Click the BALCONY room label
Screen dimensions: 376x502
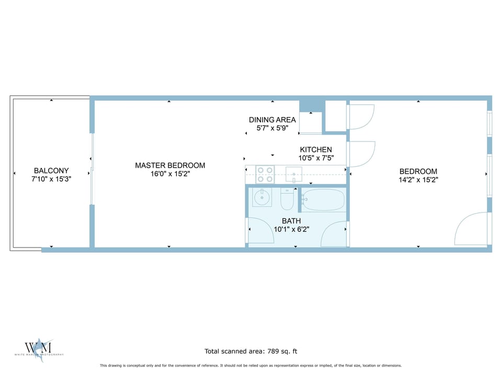[51, 171]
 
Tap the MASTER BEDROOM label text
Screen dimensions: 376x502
[170, 166]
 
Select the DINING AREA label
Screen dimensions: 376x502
[272, 120]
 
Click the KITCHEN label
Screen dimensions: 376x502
[315, 150]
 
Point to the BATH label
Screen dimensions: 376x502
[295, 221]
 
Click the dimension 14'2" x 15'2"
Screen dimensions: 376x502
[418, 180]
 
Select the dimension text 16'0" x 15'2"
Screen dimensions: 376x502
[170, 174]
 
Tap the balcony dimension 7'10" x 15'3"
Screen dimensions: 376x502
[51, 179]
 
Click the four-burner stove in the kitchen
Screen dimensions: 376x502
[265, 174]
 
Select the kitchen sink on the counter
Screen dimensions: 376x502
[295, 173]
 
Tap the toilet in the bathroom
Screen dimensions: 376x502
[288, 199]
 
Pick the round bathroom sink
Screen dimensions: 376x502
[261, 198]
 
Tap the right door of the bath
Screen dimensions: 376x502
[334, 234]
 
